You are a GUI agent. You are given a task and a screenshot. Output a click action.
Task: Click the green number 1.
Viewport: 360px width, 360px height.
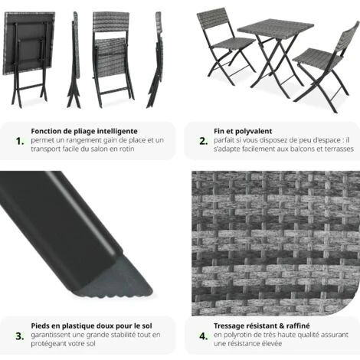coord(20,141)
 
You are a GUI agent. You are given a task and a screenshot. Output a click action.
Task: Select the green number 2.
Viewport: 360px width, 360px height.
coord(203,141)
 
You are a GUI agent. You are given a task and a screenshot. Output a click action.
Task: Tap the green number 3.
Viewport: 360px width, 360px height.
coord(20,335)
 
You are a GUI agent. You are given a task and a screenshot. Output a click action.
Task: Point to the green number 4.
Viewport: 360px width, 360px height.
coord(203,335)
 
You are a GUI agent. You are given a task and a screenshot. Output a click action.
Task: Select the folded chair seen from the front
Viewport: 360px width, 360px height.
coord(111,50)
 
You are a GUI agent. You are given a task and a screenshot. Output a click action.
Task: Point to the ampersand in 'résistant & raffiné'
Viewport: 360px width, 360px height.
coord(270,326)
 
